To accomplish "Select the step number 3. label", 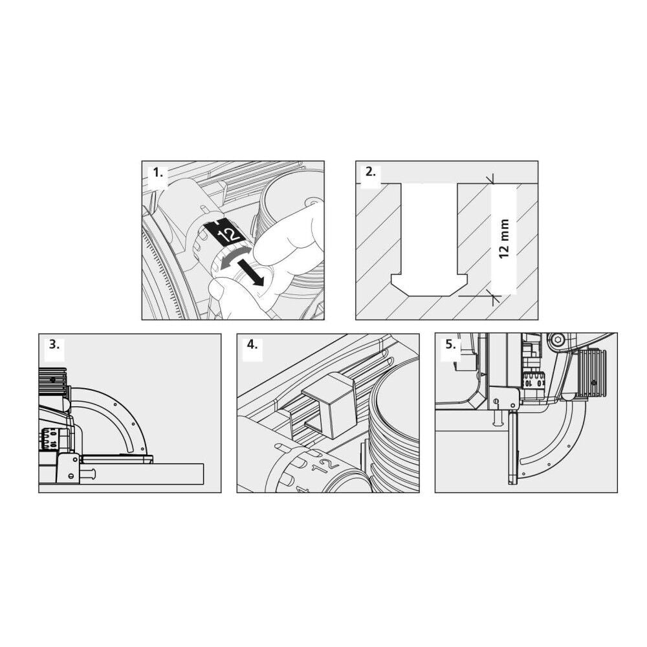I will [x=54, y=345].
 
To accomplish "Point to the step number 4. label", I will [x=252, y=345].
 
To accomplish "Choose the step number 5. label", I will [x=450, y=345].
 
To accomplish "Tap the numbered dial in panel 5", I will [x=534, y=380].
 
